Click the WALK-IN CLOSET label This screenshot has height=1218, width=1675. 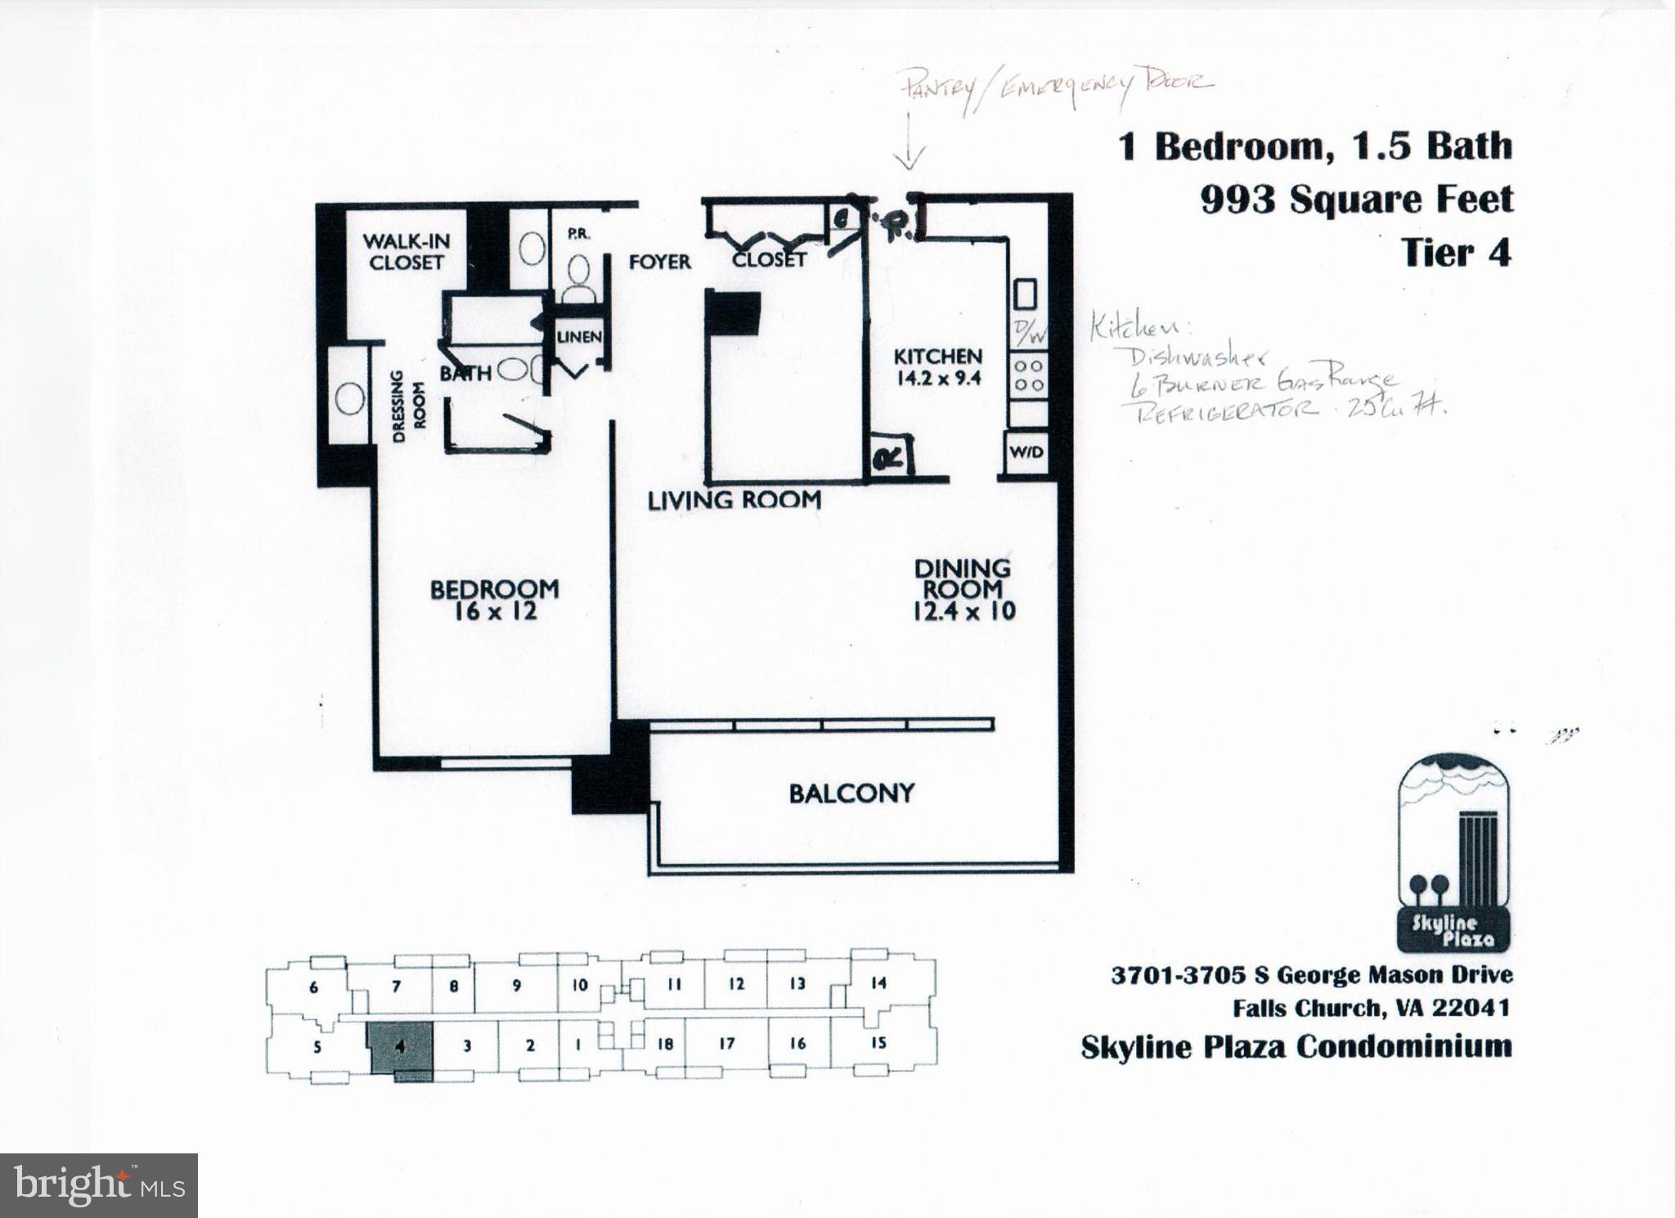406,252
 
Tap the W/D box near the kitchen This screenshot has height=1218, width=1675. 1026,452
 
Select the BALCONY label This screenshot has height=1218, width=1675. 851,793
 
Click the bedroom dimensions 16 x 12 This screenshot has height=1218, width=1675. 495,611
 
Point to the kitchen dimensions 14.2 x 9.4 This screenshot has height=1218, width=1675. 937,378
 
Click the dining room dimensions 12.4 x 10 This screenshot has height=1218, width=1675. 963,611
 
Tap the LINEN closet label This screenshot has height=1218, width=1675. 579,337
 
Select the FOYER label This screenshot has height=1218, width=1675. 659,262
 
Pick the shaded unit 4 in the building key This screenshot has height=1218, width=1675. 400,1048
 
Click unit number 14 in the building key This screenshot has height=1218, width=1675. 878,983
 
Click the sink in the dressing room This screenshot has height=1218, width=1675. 350,398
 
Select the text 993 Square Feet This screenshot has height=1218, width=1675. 1356,200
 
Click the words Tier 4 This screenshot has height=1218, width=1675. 1456,253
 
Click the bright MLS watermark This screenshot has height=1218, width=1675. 99,1185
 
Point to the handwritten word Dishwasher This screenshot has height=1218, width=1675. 1198,357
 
